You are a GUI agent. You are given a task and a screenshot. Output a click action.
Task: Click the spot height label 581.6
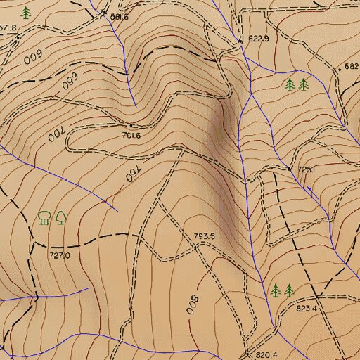120,16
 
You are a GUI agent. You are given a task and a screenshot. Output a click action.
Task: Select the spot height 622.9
259,39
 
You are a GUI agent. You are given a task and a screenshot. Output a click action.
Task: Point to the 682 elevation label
352,67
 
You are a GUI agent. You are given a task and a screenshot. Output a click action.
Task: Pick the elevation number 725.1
307,169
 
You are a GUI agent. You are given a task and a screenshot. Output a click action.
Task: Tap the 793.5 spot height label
204,236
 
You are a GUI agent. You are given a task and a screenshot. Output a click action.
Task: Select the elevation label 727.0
60,256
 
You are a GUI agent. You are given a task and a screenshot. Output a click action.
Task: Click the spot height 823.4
307,308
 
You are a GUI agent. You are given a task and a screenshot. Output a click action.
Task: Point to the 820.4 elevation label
267,354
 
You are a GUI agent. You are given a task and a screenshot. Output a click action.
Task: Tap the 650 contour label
69,82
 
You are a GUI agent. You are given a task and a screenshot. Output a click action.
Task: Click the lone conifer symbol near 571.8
27,13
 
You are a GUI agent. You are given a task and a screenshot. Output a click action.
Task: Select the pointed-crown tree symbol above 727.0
61,217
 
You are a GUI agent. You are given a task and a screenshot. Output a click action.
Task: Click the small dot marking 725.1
290,169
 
